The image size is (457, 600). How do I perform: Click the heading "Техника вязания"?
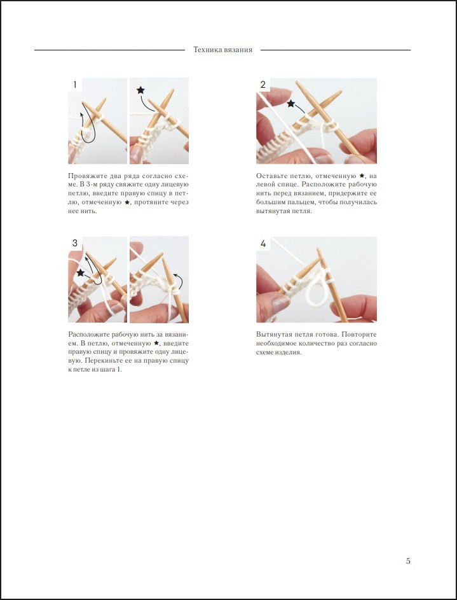point(222,50)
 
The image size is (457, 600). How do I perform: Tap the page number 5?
point(408,561)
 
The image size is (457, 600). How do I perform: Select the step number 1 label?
point(75,85)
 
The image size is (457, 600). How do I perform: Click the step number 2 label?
point(263,85)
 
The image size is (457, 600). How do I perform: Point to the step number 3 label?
point(75,243)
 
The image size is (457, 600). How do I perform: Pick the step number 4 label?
point(263,243)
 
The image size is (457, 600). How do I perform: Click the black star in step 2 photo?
point(290,103)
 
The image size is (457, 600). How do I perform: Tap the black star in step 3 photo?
point(80,272)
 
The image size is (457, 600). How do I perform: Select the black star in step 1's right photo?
point(140,90)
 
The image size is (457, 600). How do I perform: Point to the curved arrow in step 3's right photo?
point(179,281)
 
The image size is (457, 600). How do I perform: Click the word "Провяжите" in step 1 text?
point(84,176)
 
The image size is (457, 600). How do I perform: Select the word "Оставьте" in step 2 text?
point(269,176)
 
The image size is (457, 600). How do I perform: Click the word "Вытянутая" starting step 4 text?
point(271,335)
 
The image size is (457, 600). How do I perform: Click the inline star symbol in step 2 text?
point(362,176)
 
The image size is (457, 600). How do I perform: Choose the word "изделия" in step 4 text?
point(289,352)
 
